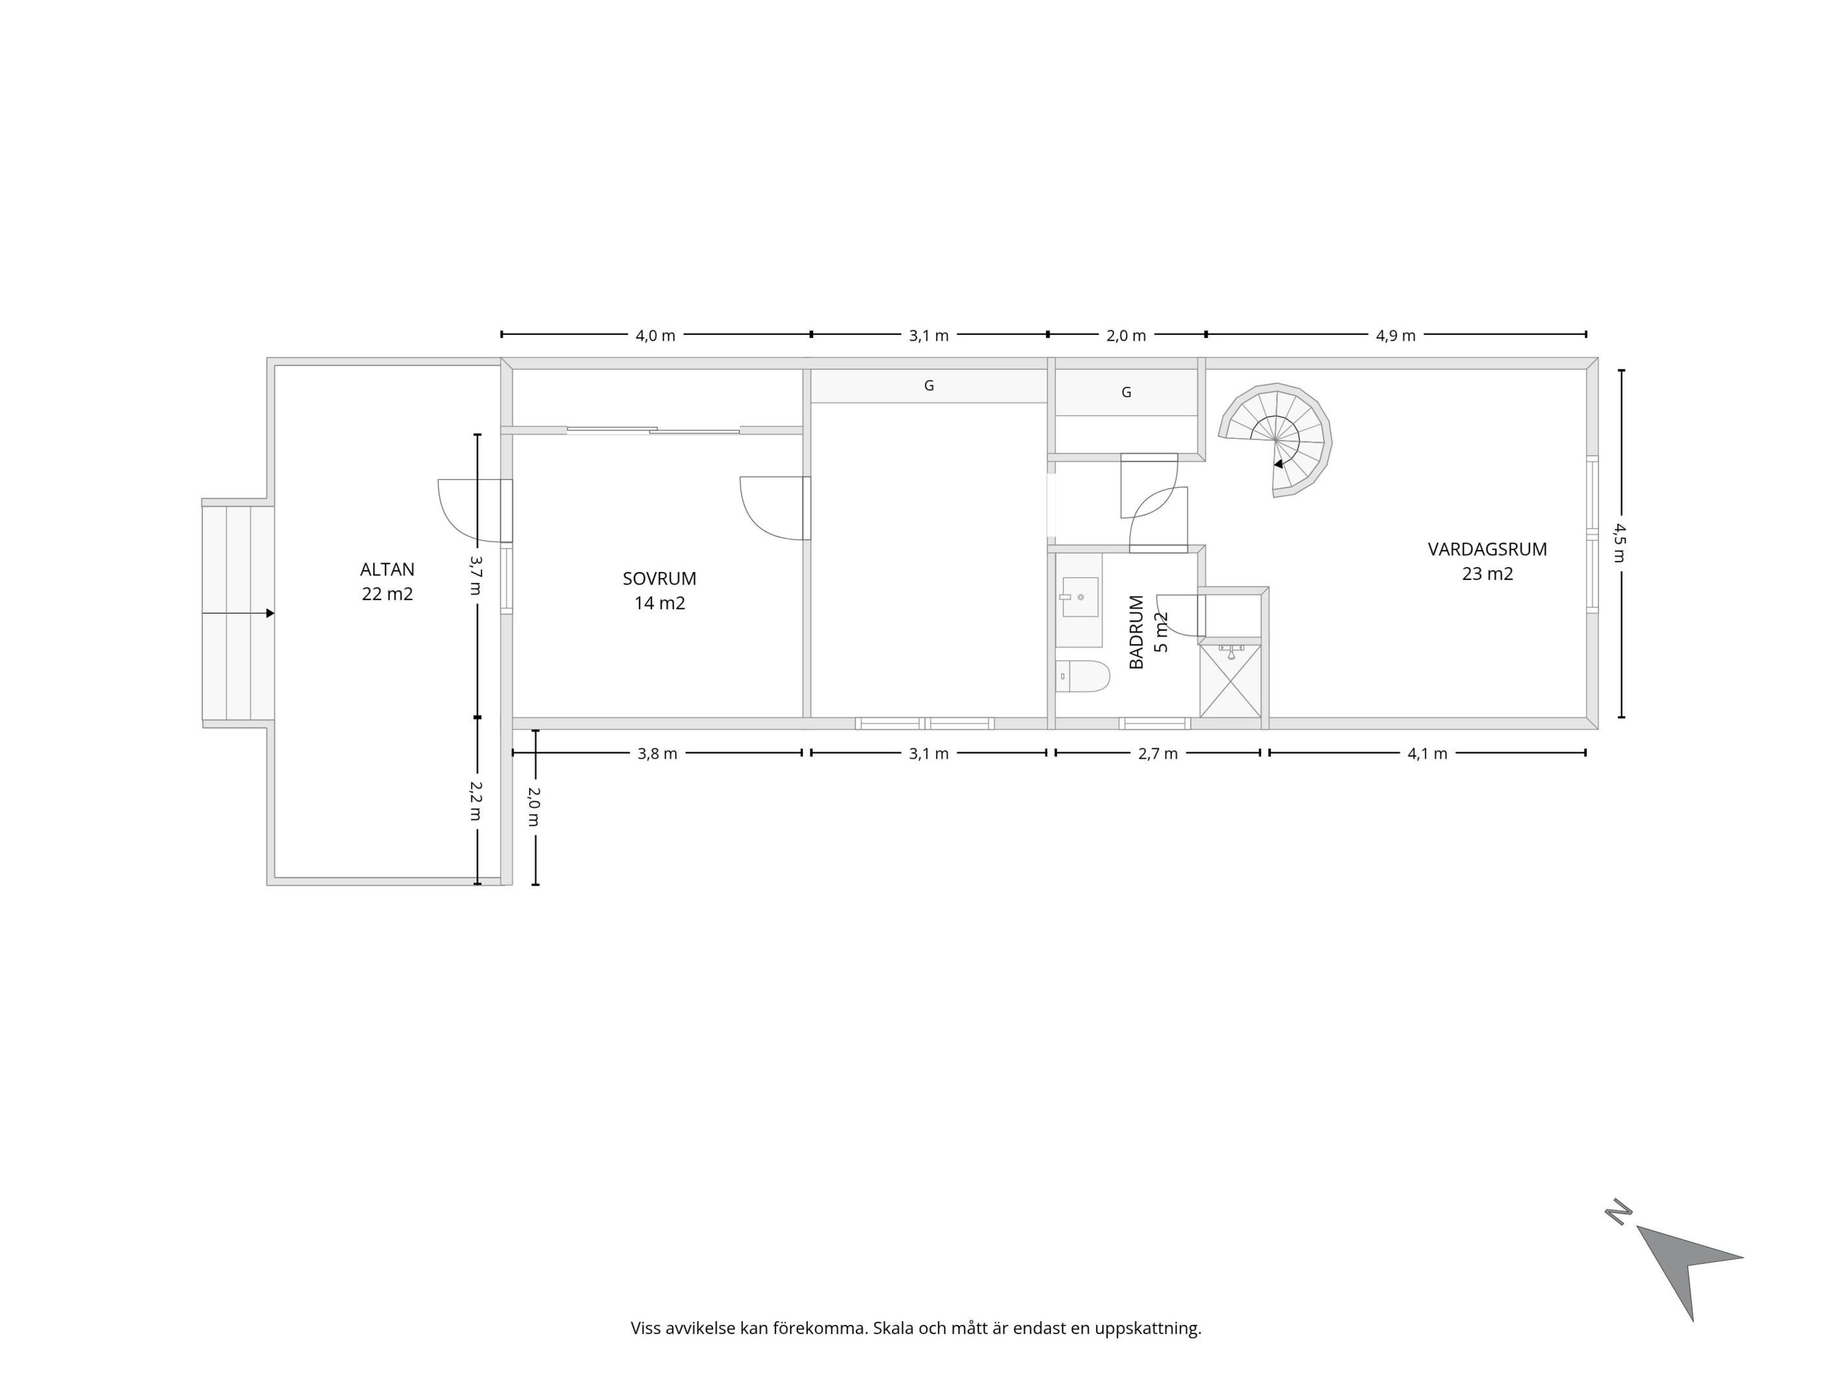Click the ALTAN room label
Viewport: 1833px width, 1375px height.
point(387,570)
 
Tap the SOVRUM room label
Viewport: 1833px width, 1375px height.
point(660,579)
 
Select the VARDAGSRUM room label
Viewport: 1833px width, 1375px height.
point(1487,549)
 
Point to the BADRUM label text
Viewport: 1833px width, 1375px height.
point(1136,633)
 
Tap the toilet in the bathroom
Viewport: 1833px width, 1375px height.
point(1082,676)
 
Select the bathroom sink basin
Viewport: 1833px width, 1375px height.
point(1079,597)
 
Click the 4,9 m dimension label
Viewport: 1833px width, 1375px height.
point(1396,335)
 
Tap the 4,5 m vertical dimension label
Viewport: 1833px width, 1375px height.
point(1618,542)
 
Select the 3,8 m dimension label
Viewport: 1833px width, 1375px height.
point(657,753)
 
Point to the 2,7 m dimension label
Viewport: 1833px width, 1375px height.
point(1158,753)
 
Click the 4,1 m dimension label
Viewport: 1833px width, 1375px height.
point(1427,753)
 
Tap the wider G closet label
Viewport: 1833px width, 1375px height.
point(929,386)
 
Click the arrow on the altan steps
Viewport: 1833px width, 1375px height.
point(238,613)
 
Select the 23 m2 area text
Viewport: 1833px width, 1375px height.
point(1487,573)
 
